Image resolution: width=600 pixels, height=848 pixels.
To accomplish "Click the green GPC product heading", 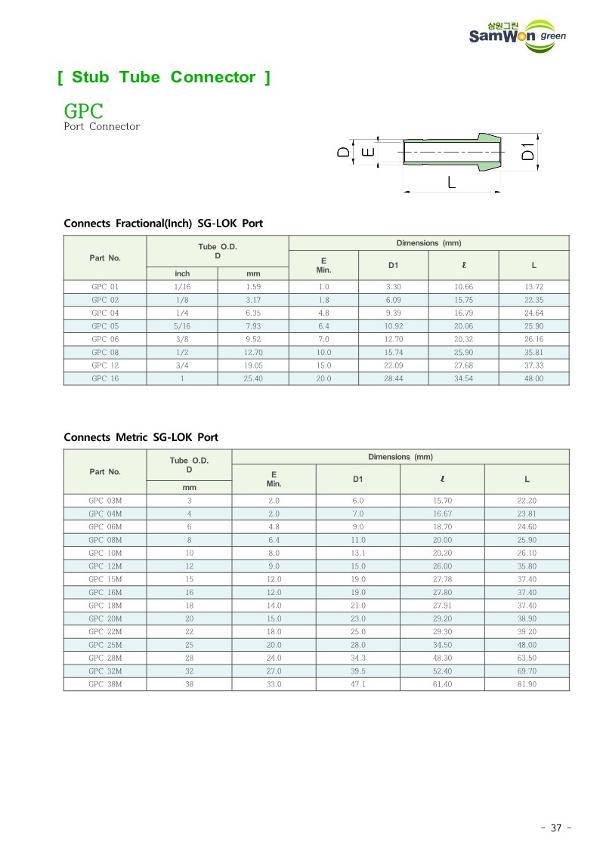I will point(83,111).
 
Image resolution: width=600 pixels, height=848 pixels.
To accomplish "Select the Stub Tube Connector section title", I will point(163,77).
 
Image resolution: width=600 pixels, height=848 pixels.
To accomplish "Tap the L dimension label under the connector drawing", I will point(451,182).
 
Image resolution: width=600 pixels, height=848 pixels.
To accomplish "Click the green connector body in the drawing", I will point(453,151).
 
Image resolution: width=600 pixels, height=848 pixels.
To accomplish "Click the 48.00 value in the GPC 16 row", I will point(534,378).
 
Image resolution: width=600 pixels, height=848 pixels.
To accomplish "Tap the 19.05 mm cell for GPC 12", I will point(253,365).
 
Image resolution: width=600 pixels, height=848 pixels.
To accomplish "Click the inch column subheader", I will point(182,273).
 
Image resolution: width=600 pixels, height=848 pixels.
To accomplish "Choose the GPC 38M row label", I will point(105,684).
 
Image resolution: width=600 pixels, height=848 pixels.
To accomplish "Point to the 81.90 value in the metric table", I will point(527,684).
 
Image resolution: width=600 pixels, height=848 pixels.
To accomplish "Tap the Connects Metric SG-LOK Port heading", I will point(141,437).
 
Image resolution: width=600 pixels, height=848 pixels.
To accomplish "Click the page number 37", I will point(556,828).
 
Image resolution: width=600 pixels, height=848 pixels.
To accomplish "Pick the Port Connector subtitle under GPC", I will point(102,127).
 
